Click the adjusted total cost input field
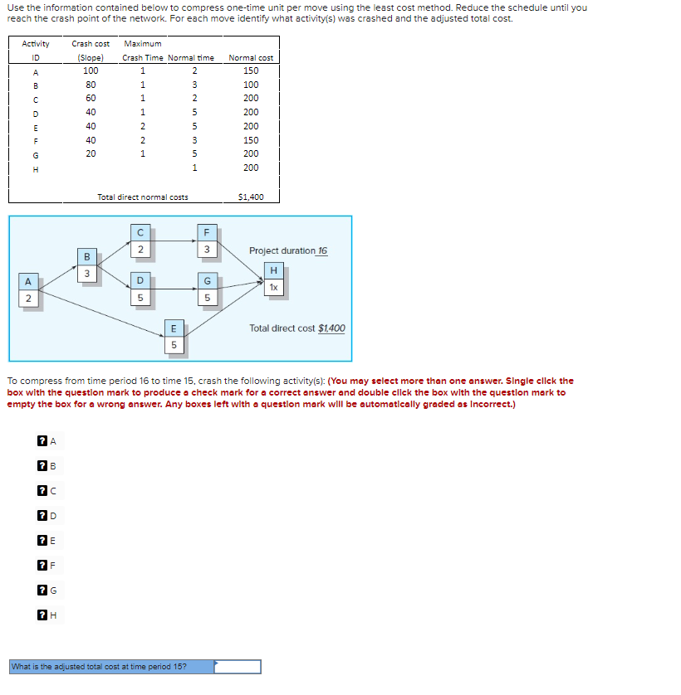point(238,666)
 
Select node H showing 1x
point(273,279)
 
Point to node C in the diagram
point(140,241)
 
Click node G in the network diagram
point(208,288)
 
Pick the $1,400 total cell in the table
point(250,197)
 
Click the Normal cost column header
point(250,57)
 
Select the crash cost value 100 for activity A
point(91,70)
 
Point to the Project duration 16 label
point(287,250)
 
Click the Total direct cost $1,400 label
point(297,328)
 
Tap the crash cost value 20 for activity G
point(91,153)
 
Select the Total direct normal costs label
point(142,197)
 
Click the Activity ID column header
point(36,51)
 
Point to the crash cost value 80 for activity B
point(91,85)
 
